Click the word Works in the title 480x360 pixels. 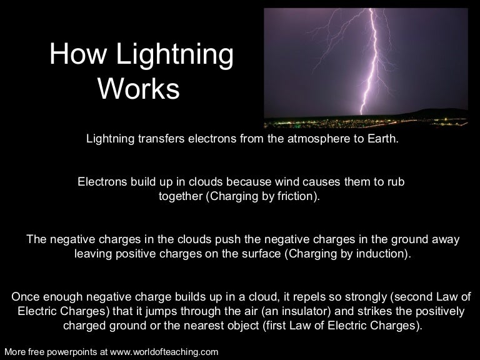pos(139,89)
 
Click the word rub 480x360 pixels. pos(397,182)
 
